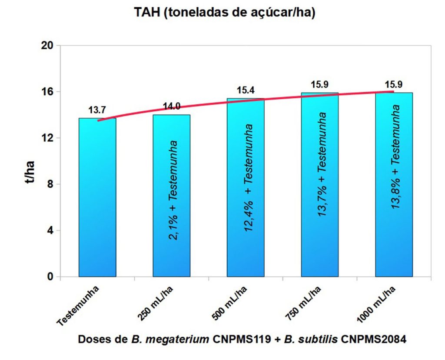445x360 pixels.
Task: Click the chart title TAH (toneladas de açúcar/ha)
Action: (x=224, y=13)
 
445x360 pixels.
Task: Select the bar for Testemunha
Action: (x=97, y=198)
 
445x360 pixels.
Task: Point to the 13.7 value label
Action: (x=97, y=110)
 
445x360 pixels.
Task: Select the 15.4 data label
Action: (x=246, y=91)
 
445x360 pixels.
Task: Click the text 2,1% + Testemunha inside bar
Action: (x=173, y=189)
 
